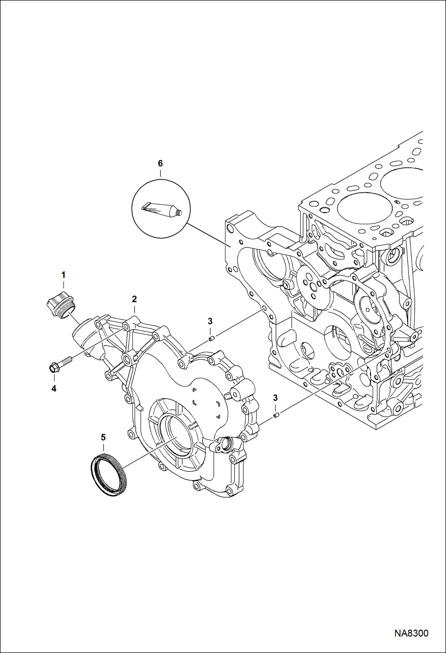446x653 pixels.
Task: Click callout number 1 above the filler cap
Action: (63, 275)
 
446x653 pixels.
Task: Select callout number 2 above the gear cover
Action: (134, 299)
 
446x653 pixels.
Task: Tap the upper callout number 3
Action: (210, 321)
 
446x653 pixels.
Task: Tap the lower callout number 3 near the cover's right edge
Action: (275, 398)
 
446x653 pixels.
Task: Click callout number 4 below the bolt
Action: (54, 388)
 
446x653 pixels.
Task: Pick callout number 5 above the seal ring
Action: (103, 437)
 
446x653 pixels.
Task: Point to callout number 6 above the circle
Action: (160, 163)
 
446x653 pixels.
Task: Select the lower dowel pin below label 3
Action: (276, 415)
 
